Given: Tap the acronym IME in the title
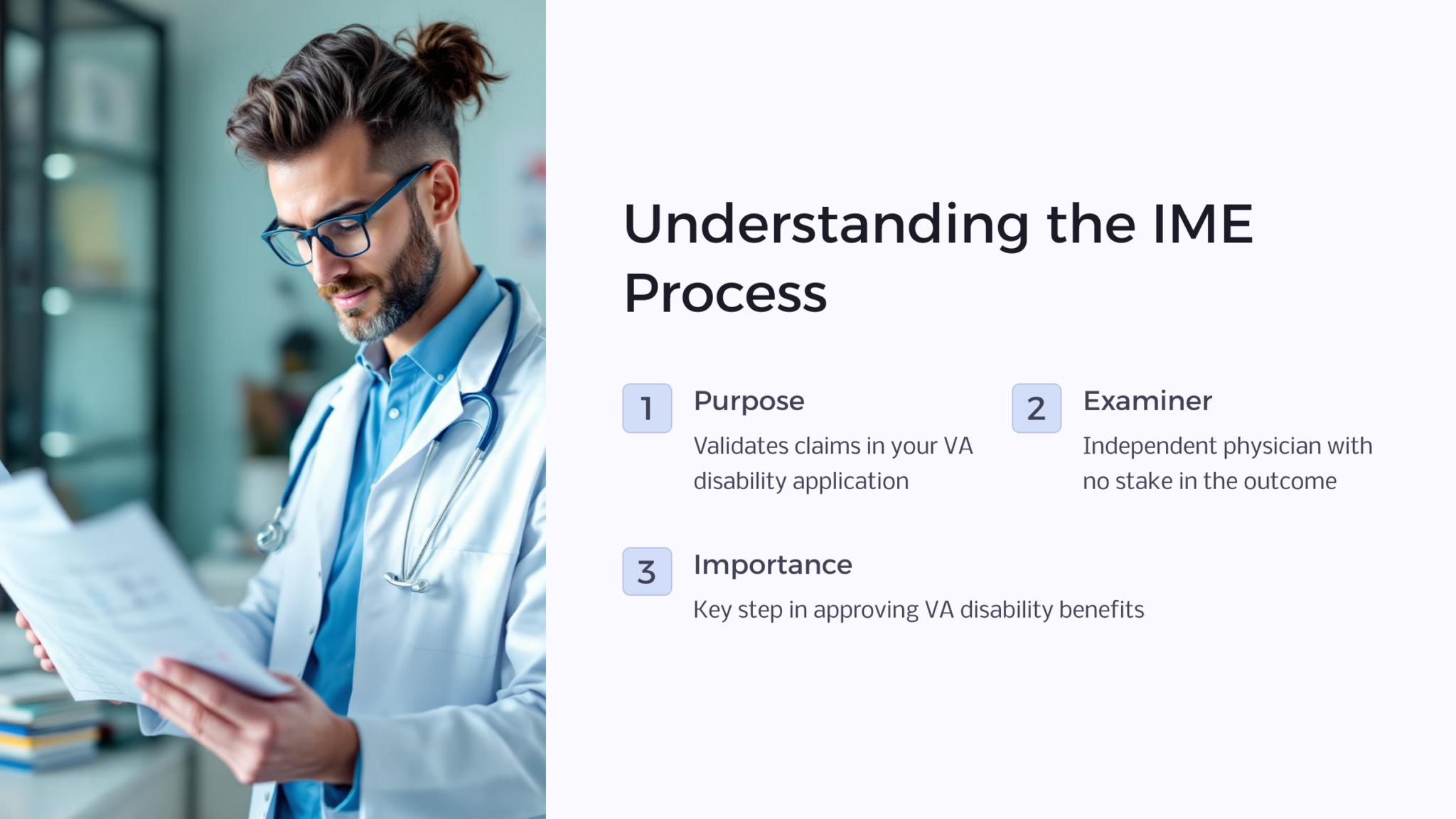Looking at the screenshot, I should [1202, 225].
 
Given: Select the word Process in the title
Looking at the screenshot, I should [725, 294].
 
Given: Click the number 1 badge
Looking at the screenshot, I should [647, 408].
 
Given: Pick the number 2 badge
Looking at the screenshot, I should [1036, 408].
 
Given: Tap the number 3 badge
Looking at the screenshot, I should [647, 572].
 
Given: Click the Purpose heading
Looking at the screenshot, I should [749, 402].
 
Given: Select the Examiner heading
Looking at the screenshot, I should [1147, 401].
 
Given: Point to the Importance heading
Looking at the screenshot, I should [773, 564].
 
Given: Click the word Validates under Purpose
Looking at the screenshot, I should [741, 446].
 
